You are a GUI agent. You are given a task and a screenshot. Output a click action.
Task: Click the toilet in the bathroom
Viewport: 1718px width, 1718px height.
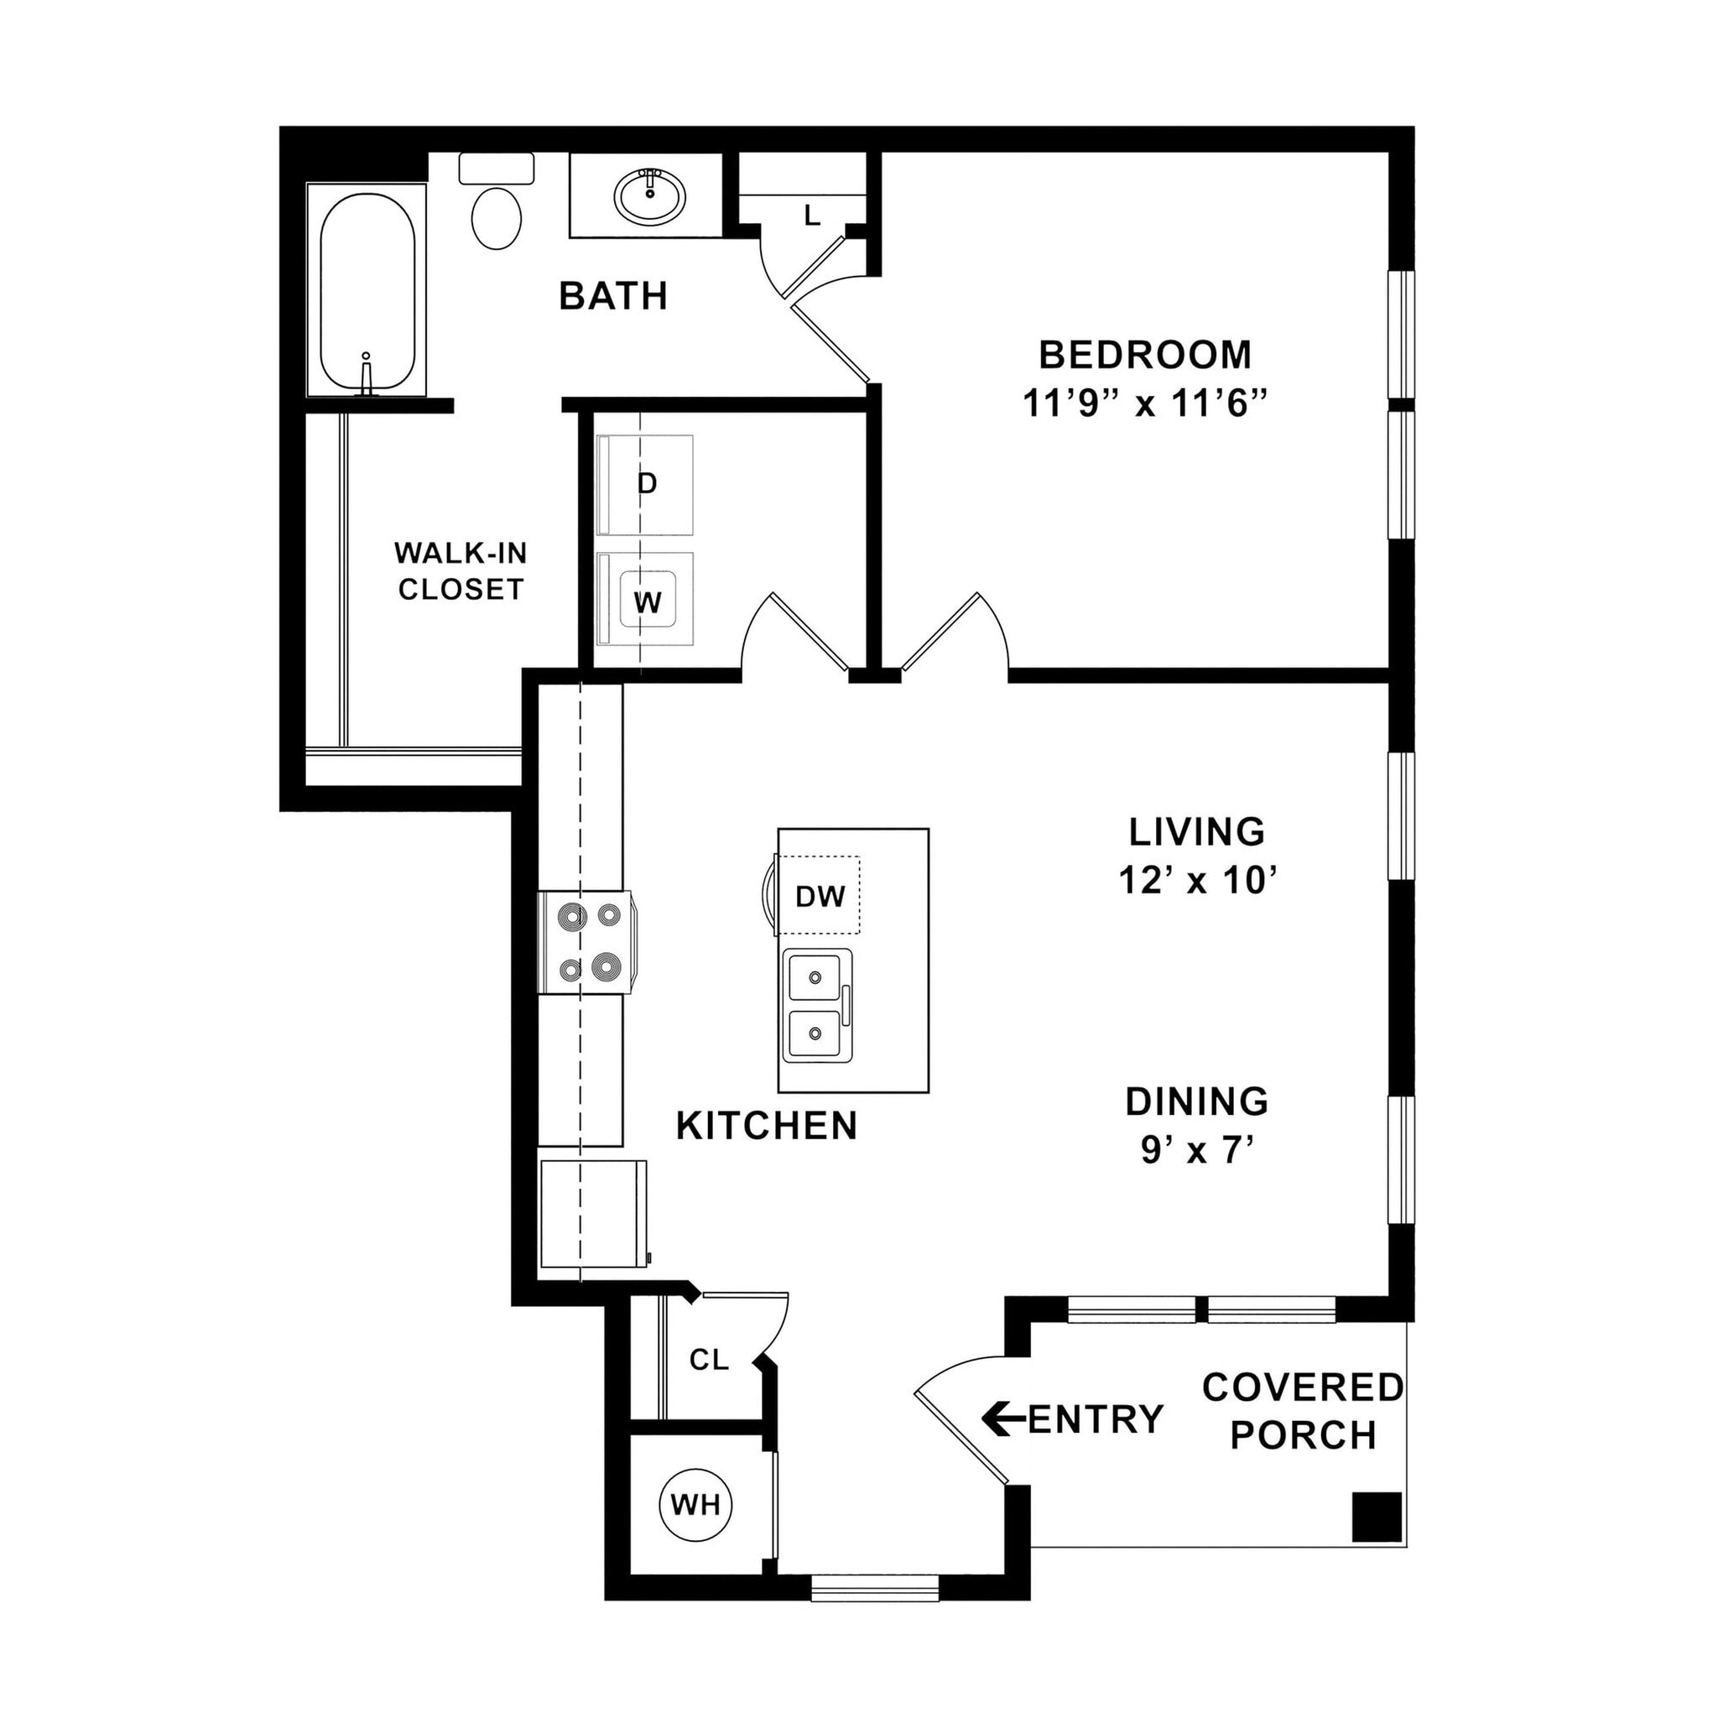click(495, 213)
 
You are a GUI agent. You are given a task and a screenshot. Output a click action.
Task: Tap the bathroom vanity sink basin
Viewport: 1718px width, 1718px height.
click(650, 195)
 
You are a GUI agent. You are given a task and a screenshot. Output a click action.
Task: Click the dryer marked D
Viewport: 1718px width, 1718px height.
click(647, 485)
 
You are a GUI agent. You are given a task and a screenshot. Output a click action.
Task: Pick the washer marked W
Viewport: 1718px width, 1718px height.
click(648, 602)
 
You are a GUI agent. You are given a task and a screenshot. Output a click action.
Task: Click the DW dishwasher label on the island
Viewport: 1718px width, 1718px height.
click(820, 897)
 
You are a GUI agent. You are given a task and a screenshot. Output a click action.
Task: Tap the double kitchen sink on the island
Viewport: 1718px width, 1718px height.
click(816, 1006)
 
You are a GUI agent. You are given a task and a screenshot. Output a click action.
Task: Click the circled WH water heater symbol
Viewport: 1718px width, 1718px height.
click(695, 1505)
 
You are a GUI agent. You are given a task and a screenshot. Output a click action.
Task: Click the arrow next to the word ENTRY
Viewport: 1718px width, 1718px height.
click(1002, 1419)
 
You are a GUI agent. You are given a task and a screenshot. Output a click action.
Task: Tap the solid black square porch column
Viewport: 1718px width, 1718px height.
click(1377, 1517)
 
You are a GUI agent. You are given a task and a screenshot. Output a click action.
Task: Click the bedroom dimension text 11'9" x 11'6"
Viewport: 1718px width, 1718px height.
click(1144, 403)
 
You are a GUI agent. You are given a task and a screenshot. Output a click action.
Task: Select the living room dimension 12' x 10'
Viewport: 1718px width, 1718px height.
click(1198, 880)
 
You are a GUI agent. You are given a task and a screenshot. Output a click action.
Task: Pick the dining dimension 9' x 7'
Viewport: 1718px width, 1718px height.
click(1197, 1151)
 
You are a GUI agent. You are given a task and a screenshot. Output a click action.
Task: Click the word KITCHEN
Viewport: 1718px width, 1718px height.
click(767, 1126)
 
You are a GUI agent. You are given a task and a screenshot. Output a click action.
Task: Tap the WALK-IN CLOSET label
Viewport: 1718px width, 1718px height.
click(461, 571)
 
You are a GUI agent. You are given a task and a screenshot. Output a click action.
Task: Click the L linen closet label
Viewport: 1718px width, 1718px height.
click(811, 216)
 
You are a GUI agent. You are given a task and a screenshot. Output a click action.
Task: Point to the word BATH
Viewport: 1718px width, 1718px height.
click(613, 296)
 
